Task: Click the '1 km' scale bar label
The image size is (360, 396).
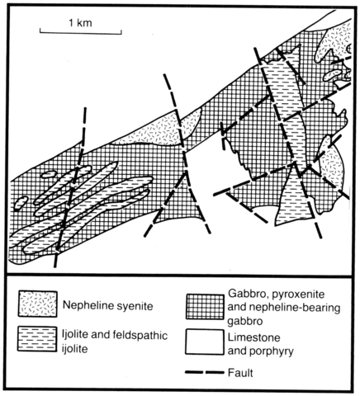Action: pos(80,23)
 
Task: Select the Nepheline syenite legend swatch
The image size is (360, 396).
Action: pos(38,304)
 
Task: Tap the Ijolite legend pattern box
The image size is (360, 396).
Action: pos(37,338)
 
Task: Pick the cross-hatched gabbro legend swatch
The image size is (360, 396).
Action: pos(205,307)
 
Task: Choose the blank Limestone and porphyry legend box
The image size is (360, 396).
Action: pos(204,342)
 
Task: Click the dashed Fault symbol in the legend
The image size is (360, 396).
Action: pos(205,373)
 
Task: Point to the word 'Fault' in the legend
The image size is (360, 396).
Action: pos(240,373)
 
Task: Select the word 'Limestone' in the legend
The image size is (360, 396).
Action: pos(253,337)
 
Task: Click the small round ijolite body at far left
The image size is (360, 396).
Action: pos(21,203)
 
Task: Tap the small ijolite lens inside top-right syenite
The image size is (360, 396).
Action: pos(333,74)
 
